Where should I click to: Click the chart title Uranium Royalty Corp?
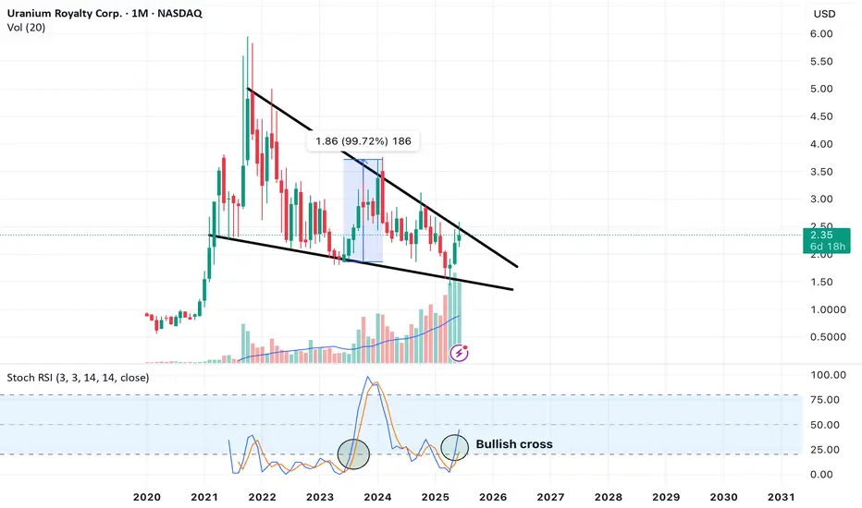pyautogui.click(x=65, y=13)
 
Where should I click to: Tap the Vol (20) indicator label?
pyautogui.click(x=27, y=28)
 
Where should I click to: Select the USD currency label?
pyautogui.click(x=824, y=14)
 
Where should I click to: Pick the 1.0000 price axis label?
pyautogui.click(x=828, y=309)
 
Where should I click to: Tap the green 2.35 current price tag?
pyautogui.click(x=826, y=240)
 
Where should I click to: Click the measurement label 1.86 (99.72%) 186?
pyautogui.click(x=363, y=141)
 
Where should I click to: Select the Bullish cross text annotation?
pyautogui.click(x=514, y=444)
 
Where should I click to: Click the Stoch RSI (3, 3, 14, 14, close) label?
pyautogui.click(x=78, y=378)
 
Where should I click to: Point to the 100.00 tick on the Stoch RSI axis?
pyautogui.click(x=829, y=375)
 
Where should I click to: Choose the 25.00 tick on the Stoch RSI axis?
pyautogui.click(x=825, y=450)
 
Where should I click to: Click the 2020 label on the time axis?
pyautogui.click(x=147, y=497)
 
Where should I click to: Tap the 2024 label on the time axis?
pyautogui.click(x=377, y=497)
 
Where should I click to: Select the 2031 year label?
pyautogui.click(x=782, y=497)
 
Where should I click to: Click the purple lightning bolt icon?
pyautogui.click(x=459, y=353)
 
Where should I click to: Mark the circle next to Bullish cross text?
pyautogui.click(x=455, y=447)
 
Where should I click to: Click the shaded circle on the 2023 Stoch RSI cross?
pyautogui.click(x=353, y=454)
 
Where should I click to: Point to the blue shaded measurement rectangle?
pyautogui.click(x=363, y=211)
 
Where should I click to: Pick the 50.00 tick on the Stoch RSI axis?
pyautogui.click(x=825, y=425)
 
